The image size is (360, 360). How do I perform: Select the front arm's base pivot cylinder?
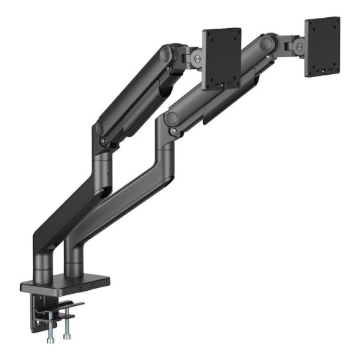click(74, 260)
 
